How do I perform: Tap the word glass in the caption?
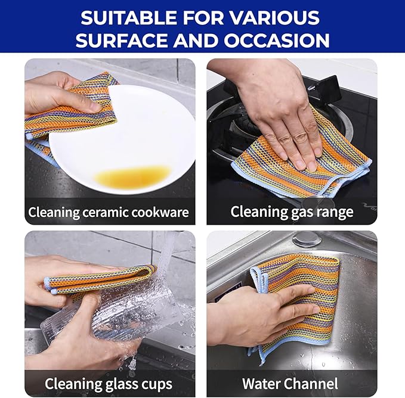coord(116,384)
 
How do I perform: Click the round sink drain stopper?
coord(308,240)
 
